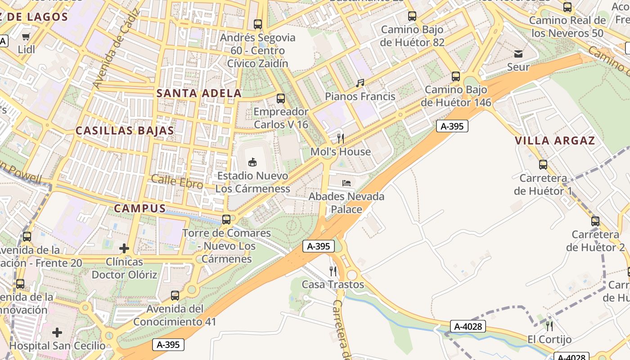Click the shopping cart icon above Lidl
(26, 36)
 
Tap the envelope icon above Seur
(518, 54)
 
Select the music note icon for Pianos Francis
(360, 83)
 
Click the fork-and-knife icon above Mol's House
(341, 138)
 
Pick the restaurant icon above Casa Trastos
(333, 271)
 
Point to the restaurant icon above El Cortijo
(549, 326)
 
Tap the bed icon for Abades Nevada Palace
(346, 183)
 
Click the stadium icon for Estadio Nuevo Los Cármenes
(252, 162)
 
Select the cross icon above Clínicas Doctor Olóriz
(124, 248)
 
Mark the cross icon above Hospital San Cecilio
(57, 333)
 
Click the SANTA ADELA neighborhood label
(199, 94)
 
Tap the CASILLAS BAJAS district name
(125, 130)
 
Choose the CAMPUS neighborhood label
(139, 208)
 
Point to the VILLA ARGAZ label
(555, 140)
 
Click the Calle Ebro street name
(177, 181)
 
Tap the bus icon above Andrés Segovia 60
(258, 24)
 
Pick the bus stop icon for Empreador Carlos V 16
(281, 98)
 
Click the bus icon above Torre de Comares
(226, 220)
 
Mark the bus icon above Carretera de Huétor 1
(543, 165)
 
